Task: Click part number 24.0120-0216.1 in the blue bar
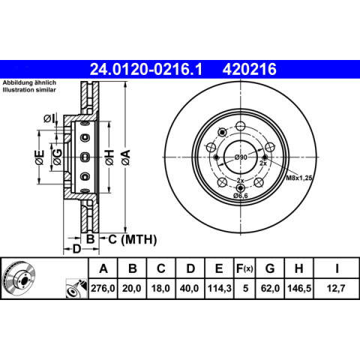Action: point(146,69)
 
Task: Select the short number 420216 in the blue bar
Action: point(250,69)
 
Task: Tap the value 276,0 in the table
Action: point(103,289)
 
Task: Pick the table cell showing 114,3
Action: point(219,289)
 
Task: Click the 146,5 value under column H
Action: point(299,289)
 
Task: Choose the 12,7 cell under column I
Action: point(336,289)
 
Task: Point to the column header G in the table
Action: point(270,268)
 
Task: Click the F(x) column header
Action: point(244,268)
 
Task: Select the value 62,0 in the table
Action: point(270,289)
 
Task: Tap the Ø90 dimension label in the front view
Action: point(241,157)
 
